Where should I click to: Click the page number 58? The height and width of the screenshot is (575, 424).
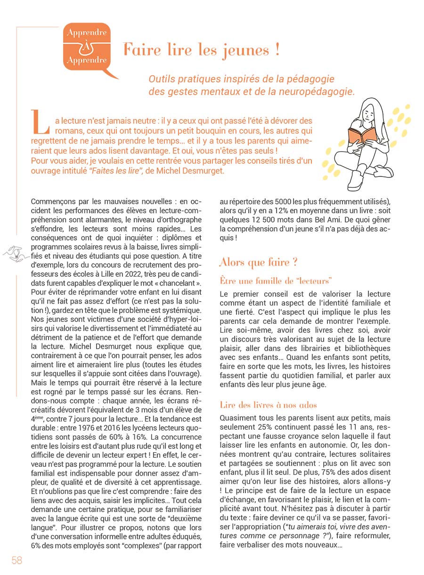pos(17,560)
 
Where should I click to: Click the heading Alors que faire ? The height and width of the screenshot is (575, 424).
pos(258,262)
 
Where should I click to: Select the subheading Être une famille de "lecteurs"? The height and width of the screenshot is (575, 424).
pos(276,281)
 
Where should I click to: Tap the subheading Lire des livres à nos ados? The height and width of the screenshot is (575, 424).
pos(268,405)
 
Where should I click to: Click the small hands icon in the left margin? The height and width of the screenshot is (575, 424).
pos(16,253)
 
